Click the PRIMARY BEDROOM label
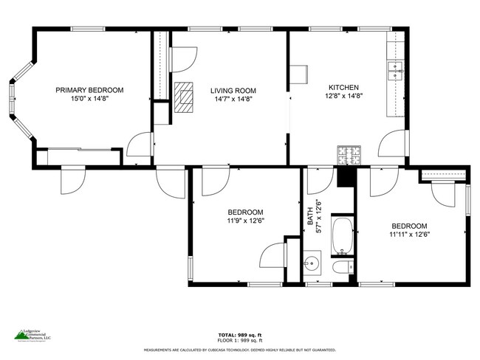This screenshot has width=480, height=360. click(89, 90)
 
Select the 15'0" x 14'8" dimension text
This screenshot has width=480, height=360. click(89, 98)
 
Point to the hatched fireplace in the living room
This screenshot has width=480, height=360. click(185, 97)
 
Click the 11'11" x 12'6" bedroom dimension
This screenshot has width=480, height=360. click(409, 234)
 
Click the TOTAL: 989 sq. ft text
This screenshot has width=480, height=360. click(239, 334)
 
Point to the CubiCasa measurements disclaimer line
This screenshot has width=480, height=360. click(239, 350)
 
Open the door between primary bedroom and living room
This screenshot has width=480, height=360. click(140, 148)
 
